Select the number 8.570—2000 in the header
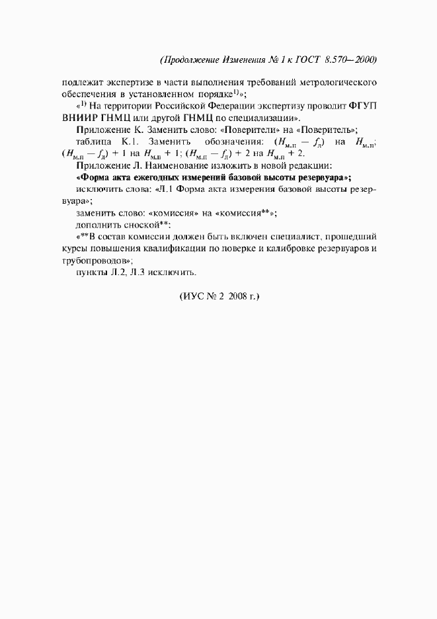(x=351, y=60)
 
